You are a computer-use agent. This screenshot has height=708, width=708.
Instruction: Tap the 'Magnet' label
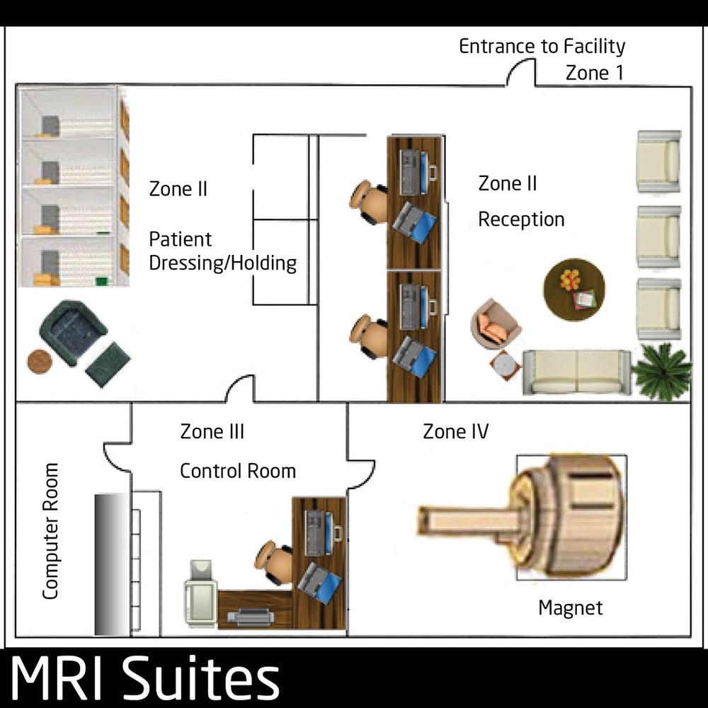click(571, 607)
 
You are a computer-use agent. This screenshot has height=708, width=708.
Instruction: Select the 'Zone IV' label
click(455, 431)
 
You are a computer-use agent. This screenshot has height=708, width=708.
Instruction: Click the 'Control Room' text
click(237, 471)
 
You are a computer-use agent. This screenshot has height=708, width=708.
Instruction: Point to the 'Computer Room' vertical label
click(50, 531)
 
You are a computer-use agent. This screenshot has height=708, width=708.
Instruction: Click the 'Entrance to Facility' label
click(542, 47)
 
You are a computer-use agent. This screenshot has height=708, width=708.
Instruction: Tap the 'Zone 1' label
click(594, 73)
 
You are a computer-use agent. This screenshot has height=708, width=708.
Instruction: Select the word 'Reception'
click(521, 219)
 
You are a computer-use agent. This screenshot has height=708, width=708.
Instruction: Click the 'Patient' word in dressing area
click(181, 239)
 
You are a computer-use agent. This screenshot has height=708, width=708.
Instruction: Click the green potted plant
click(662, 372)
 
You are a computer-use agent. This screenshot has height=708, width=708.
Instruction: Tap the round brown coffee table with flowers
click(574, 289)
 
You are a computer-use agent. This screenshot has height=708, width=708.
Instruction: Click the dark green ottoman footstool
click(108, 363)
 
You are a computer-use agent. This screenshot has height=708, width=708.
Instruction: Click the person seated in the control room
click(275, 562)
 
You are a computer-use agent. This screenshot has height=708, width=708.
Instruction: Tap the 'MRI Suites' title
click(145, 680)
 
